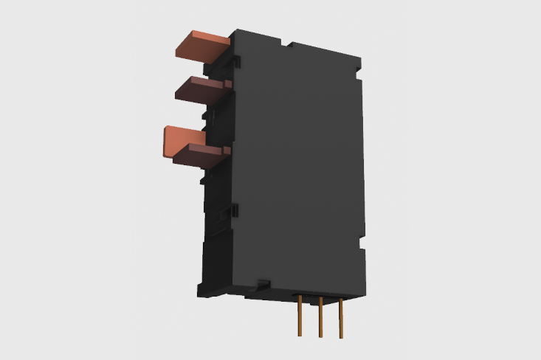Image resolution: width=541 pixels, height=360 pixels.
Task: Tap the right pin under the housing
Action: (340, 318)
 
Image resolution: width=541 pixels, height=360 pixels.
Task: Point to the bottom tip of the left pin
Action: (300, 335)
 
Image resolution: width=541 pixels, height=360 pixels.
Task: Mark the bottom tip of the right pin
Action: (340, 338)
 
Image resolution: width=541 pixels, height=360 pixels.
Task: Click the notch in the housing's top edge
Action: (286, 45)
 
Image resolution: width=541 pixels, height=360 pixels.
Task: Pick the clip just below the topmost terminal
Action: (235, 59)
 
